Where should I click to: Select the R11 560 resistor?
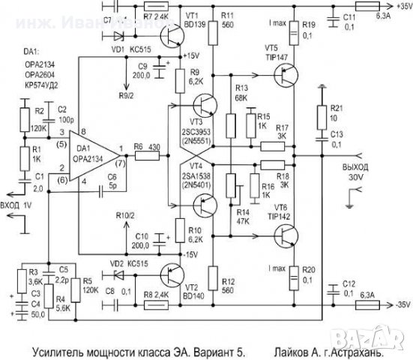214,31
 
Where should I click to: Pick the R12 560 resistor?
214,279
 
